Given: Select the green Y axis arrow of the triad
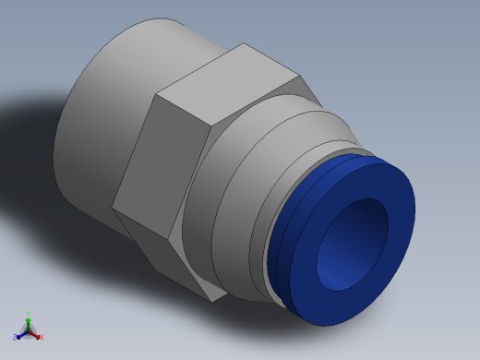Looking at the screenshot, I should point(28,322).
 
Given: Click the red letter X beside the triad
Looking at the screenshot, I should point(42,337).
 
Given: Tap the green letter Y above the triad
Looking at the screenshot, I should point(28,314).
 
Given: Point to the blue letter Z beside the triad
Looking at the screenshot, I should point(15,337).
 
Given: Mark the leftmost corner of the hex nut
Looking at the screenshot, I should point(113,205).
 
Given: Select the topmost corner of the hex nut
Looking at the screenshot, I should point(244,43).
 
